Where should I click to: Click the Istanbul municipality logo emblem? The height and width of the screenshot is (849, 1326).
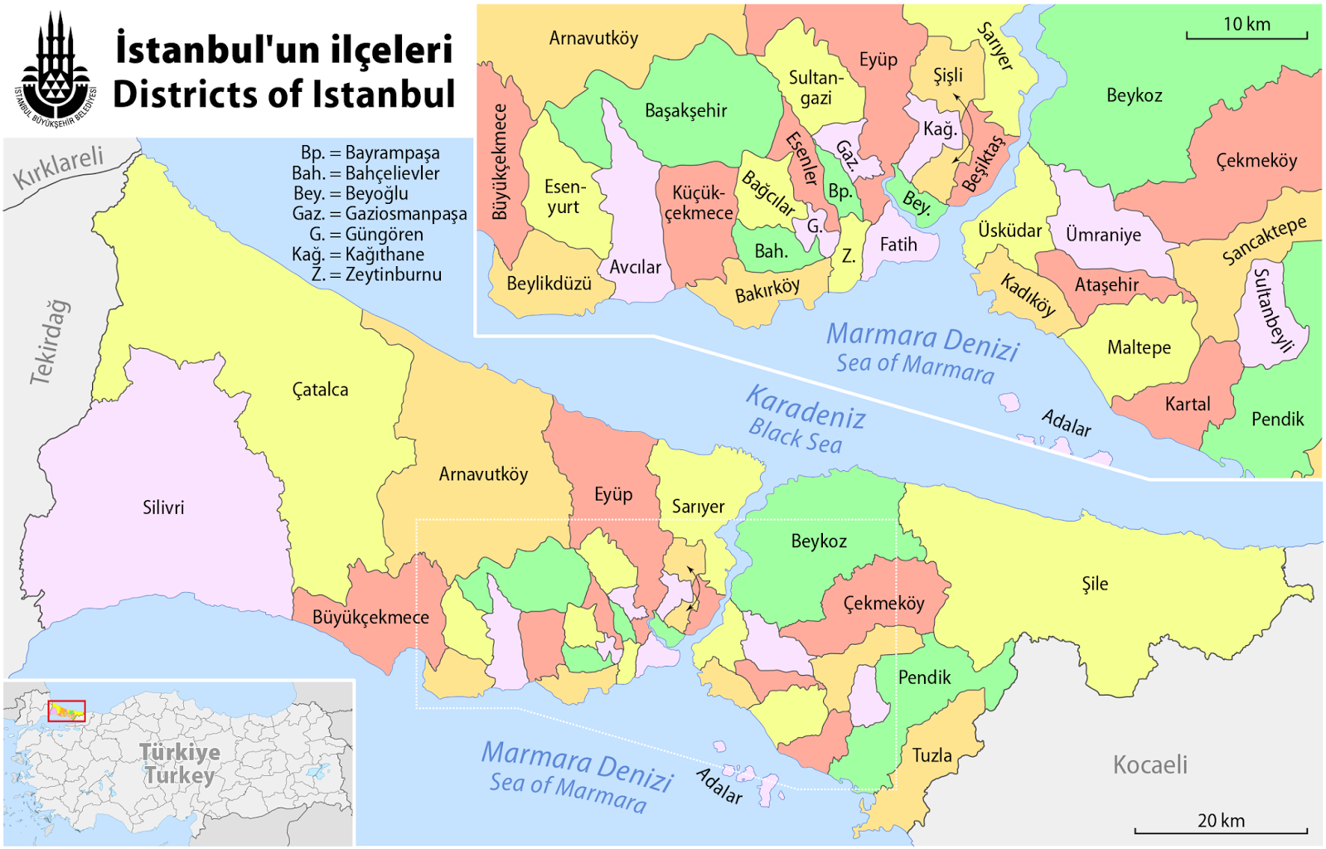coord(55,69)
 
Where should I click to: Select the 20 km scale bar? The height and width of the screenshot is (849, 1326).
coord(1220,829)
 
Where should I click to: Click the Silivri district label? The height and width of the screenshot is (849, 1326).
coord(163,507)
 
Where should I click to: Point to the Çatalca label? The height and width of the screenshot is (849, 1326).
coord(321,390)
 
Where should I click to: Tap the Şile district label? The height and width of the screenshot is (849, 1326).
coord(1095,584)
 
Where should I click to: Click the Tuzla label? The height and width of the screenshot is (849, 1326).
coord(932,755)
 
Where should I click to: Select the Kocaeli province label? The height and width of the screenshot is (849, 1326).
coord(1149,764)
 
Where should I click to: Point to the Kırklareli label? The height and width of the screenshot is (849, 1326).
coord(58,167)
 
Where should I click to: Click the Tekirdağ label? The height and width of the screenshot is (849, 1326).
coord(50,342)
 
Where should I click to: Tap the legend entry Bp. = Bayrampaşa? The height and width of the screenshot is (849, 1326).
coord(370,153)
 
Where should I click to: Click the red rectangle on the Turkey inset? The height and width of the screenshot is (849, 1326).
coord(66,711)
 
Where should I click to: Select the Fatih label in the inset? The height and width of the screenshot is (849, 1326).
coord(898,245)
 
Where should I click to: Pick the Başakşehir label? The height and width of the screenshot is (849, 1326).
coord(685,110)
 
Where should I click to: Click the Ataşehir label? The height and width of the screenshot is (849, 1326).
coord(1106,285)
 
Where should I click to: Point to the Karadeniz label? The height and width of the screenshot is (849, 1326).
coord(806,407)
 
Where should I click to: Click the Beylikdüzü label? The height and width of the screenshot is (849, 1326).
coord(549,284)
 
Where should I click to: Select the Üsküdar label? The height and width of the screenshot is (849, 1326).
coord(1009,230)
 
